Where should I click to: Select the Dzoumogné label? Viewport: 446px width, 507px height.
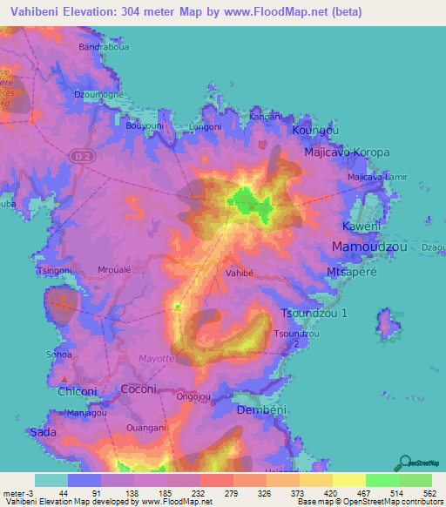click(x=100, y=94)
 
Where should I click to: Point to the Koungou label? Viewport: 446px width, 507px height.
click(x=315, y=130)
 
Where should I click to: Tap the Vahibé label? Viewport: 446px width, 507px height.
click(x=240, y=273)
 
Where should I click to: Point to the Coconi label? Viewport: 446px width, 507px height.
click(x=139, y=389)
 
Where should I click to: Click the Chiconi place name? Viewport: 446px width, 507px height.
click(x=78, y=392)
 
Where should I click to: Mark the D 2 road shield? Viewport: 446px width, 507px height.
click(x=80, y=154)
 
